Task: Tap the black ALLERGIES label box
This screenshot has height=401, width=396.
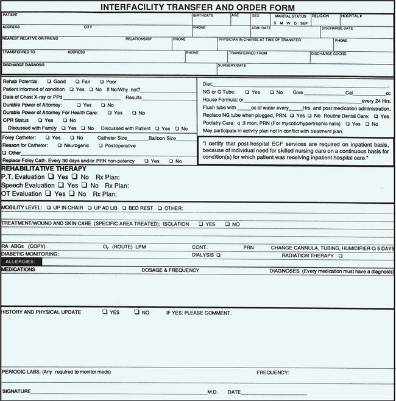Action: pyautogui.click(x=21, y=260)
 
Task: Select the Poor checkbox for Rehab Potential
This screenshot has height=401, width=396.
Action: pyautogui.click(x=102, y=81)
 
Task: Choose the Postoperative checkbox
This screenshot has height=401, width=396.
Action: pyautogui.click(x=101, y=146)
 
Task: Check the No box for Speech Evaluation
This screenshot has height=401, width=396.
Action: pyautogui.click(x=85, y=185)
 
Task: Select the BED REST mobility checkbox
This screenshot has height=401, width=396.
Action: pyautogui.click(x=124, y=207)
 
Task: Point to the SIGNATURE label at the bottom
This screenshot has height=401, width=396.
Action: pyautogui.click(x=15, y=391)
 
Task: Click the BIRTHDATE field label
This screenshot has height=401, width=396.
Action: pyautogui.click(x=203, y=14)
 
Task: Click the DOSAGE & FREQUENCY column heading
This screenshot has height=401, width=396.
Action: pyautogui.click(x=171, y=269)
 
